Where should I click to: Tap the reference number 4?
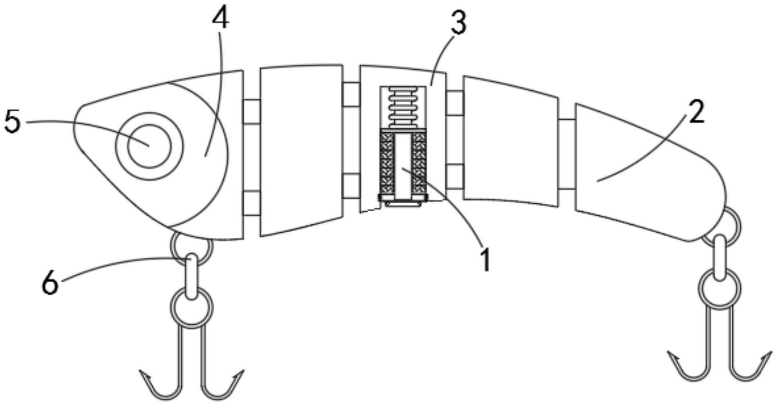click(220, 19)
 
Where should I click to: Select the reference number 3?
click(458, 23)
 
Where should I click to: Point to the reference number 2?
click(697, 113)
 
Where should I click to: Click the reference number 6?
click(50, 283)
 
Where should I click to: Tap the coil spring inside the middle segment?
click(403, 107)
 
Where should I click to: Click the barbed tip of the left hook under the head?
click(143, 373)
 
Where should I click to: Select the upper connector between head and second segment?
click(252, 112)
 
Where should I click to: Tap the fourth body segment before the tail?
click(510, 141)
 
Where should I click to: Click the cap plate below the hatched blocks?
click(403, 201)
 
